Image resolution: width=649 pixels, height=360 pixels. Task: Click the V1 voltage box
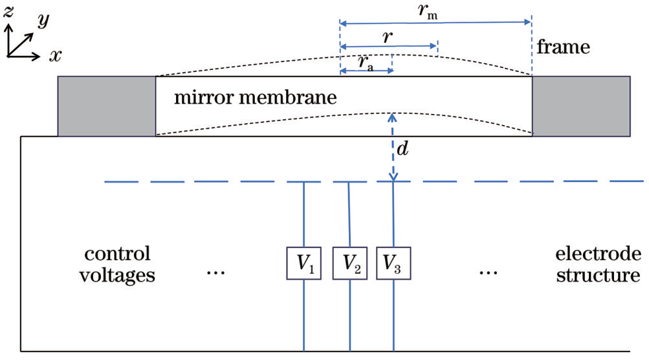click(x=304, y=263)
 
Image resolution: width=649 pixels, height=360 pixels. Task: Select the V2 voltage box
click(x=350, y=263)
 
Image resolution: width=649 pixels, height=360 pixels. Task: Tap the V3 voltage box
click(x=393, y=263)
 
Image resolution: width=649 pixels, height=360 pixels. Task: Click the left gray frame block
click(x=107, y=106)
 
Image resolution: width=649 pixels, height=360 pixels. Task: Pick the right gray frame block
click(x=581, y=106)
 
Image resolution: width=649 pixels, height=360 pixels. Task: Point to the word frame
click(x=564, y=47)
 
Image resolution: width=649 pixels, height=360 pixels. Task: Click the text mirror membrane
click(x=256, y=98)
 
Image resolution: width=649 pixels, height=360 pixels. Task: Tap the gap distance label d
click(x=402, y=148)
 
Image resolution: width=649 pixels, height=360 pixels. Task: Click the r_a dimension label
click(x=366, y=63)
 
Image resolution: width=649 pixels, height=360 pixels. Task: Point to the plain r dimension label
click(x=388, y=38)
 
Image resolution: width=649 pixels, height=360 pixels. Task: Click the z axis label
click(x=8, y=11)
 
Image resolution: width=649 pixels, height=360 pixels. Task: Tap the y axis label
click(x=43, y=20)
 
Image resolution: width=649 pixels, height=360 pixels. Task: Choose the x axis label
click(x=56, y=55)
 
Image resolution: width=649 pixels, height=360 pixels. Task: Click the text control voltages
click(x=117, y=264)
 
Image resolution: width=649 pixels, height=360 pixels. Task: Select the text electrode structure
click(x=598, y=264)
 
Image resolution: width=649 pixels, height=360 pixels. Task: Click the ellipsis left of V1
click(x=215, y=272)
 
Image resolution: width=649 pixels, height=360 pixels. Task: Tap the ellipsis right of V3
click(x=489, y=272)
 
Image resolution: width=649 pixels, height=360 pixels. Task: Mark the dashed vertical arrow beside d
click(x=392, y=148)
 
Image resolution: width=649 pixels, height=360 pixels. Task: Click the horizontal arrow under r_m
click(x=435, y=23)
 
